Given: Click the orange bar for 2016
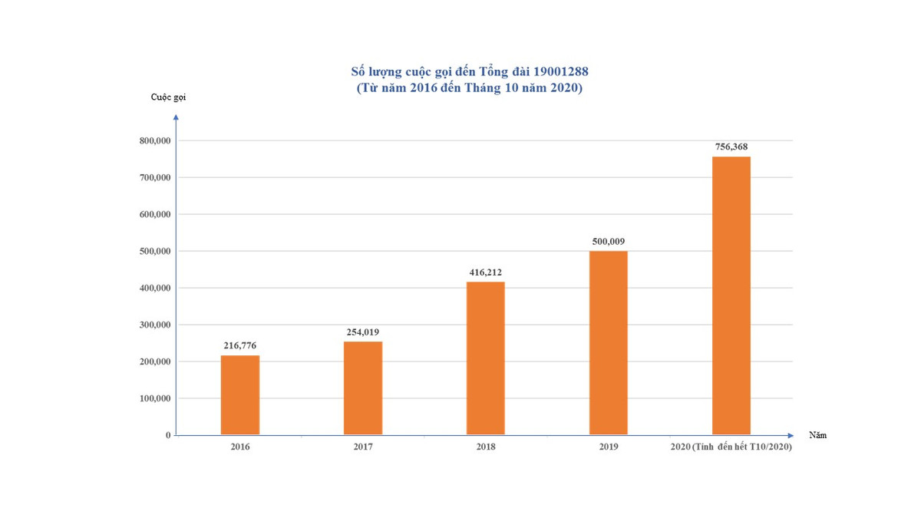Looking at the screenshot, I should tap(240, 395).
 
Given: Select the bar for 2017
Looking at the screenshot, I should tap(363, 388).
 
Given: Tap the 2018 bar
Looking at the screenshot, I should tap(486, 358).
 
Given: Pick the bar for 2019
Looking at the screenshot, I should tap(609, 343).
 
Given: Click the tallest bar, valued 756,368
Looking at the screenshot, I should tap(731, 295).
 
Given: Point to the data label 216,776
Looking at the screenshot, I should tap(240, 345).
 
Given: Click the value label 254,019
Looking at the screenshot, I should tap(363, 332).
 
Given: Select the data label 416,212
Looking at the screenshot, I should tap(486, 272).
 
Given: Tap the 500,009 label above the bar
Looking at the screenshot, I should tap(609, 241).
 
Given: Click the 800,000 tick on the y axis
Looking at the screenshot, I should tap(154, 140).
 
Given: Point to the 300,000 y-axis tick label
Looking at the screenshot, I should tap(154, 325).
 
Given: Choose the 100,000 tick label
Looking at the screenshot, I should tap(154, 398).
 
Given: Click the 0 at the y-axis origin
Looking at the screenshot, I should tap(167, 435).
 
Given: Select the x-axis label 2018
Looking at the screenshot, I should tap(486, 447).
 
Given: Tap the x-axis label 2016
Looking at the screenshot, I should tap(240, 447).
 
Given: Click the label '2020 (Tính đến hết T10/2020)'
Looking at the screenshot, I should tap(731, 447).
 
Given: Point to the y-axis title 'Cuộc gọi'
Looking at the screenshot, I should tap(168, 97).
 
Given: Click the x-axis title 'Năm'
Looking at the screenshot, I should tap(817, 435).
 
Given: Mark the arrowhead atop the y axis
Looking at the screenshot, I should tap(176, 117).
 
